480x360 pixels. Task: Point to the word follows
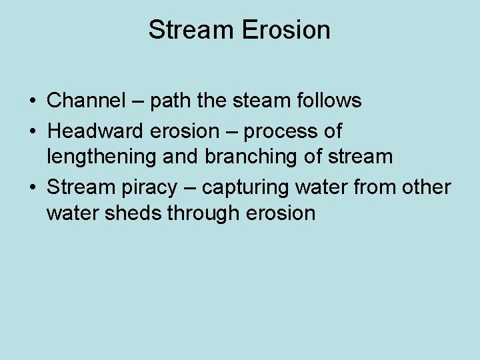point(327,101)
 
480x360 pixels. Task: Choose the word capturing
point(244,188)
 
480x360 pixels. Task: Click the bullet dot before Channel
point(32,101)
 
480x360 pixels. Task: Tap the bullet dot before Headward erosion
point(32,131)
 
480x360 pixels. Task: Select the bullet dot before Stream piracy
point(32,187)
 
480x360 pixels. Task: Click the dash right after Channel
point(137,101)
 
